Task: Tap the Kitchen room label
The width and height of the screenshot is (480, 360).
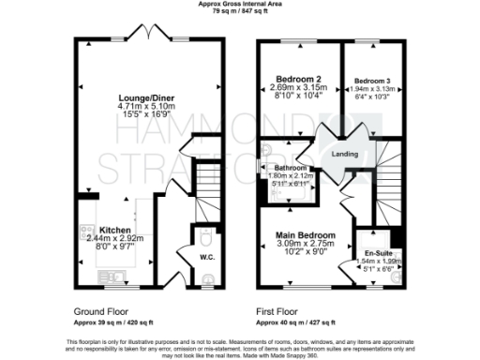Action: click(x=115, y=230)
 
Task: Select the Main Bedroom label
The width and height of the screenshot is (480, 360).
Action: click(x=307, y=234)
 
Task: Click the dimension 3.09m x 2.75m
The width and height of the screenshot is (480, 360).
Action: click(x=307, y=244)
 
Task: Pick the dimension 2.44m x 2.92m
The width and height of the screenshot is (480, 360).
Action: click(x=115, y=239)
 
